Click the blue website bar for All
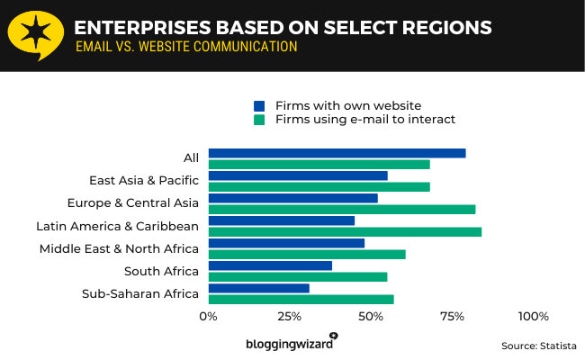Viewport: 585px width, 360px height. (x=337, y=153)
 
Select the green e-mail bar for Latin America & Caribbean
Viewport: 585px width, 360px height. (x=345, y=231)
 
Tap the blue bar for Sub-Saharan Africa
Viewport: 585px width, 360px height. (x=258, y=288)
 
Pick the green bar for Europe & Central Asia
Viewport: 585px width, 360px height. (x=341, y=209)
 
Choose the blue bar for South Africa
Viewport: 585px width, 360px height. (x=270, y=265)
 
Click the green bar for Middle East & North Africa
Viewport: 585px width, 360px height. (x=307, y=254)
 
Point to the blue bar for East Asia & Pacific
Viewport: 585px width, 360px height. (x=298, y=175)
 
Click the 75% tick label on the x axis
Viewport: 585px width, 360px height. (x=452, y=316)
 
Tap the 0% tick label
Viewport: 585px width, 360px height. (x=208, y=316)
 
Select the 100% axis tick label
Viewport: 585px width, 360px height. (x=533, y=316)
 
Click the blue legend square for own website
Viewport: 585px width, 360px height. (x=259, y=105)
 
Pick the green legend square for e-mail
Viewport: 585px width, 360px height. (x=259, y=119)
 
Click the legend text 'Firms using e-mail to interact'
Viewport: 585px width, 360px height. (x=365, y=119)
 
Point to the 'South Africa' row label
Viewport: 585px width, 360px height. (x=161, y=271)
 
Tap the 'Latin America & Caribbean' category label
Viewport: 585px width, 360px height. (x=117, y=226)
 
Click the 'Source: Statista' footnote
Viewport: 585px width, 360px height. (x=538, y=345)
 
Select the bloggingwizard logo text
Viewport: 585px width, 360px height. (x=289, y=343)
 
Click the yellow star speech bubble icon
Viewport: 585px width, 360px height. (x=35, y=35)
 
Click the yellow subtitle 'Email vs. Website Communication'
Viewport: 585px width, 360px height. (x=186, y=47)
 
